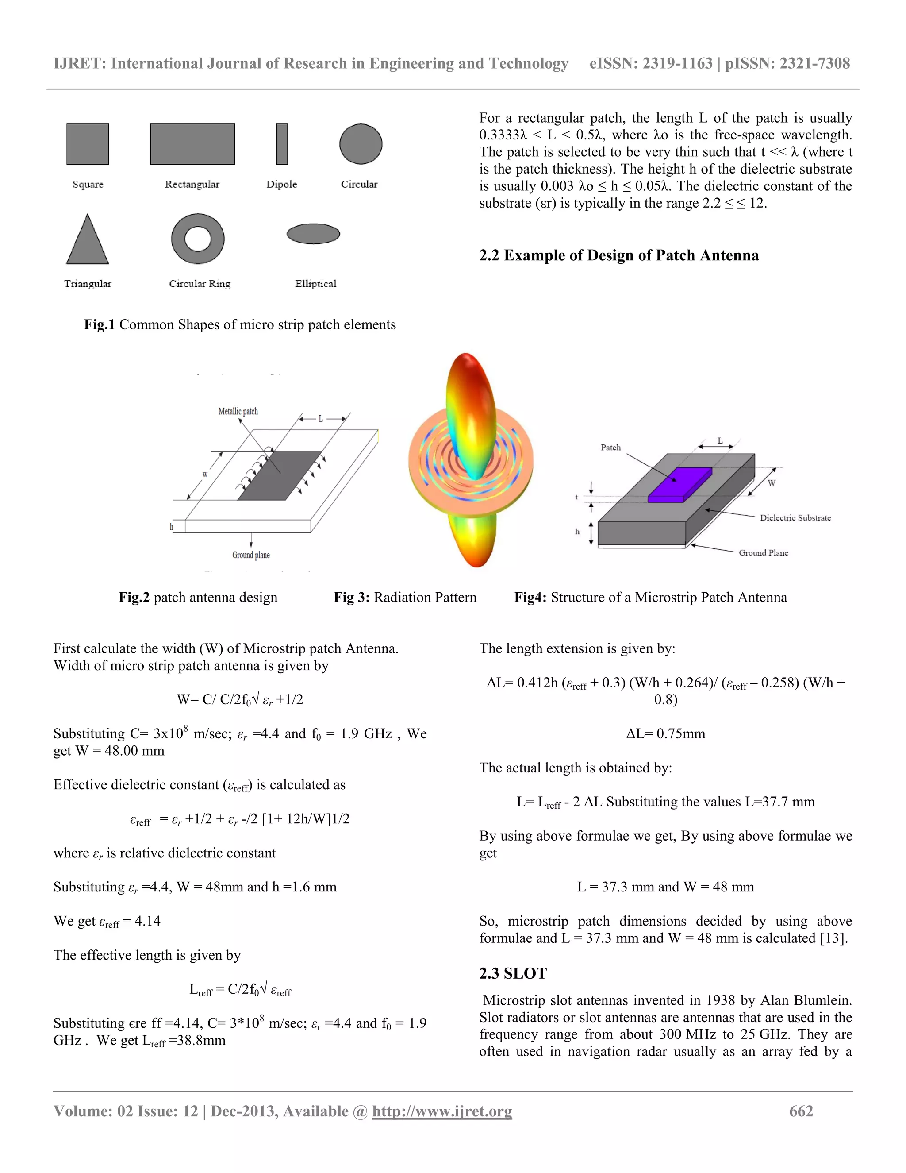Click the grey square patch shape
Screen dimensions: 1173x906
[88, 144]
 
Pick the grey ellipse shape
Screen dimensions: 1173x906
[314, 234]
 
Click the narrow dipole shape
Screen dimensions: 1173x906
[282, 144]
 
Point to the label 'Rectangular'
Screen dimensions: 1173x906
[192, 184]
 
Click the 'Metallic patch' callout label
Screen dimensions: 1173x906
[238, 411]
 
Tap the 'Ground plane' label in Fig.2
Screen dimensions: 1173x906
[251, 555]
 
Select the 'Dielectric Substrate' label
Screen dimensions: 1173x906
[795, 518]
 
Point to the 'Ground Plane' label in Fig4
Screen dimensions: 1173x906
[763, 553]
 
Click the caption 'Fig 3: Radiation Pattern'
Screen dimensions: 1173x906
[405, 597]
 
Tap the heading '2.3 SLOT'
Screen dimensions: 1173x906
[513, 973]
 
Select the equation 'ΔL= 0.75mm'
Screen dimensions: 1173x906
[665, 733]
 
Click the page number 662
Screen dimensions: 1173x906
[801, 1111]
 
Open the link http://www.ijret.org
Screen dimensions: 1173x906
[442, 1111]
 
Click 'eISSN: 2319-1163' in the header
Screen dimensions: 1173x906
[650, 63]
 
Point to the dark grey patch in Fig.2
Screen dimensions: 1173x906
[279, 476]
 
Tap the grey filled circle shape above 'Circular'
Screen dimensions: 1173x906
[361, 144]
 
